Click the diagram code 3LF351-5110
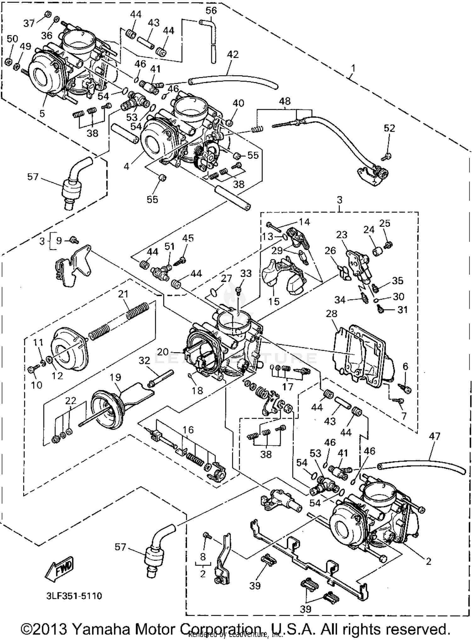(x=74, y=596)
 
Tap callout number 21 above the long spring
(x=123, y=294)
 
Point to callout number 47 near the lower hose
(x=434, y=436)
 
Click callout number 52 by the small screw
(x=389, y=128)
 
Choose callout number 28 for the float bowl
(x=332, y=314)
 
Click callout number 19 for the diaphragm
(x=115, y=377)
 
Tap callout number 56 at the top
(x=211, y=10)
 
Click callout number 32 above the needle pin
(x=144, y=360)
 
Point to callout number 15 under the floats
(x=274, y=301)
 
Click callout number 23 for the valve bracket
(x=341, y=235)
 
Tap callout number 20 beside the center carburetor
(x=163, y=352)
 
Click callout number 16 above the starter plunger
(x=188, y=430)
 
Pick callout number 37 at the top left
(x=29, y=23)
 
